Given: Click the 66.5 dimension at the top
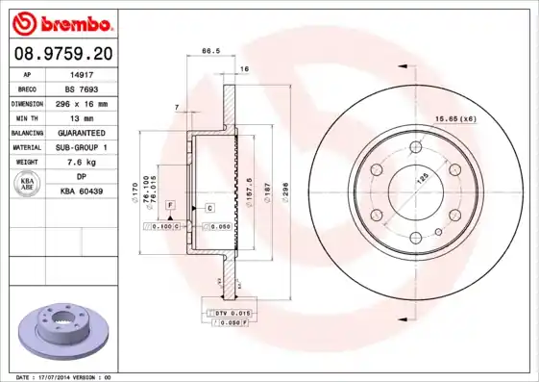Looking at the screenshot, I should coord(206,50).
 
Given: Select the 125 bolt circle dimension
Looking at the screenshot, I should coord(419,179).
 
